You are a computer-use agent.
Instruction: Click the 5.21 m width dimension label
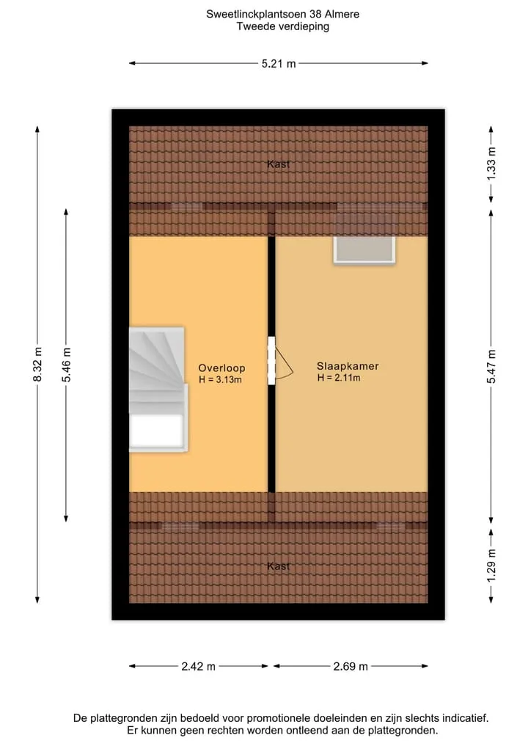pos(279,63)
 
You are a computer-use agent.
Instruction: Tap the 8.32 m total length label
pos(37,364)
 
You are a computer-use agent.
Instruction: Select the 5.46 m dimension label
pos(66,365)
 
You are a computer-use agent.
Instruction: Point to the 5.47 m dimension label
pos(491,366)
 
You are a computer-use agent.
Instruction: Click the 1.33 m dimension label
pos(491,163)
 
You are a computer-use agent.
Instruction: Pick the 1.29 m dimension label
pos(491,565)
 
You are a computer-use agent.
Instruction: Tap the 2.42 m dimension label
pos(198,666)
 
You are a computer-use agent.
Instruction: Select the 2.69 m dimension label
pos(351,666)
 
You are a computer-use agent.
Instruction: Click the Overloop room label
pos(221,367)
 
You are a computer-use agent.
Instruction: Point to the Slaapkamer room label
pos(348,366)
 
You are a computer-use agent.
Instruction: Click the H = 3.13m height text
pos(220,379)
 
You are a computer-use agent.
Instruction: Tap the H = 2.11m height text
pos(339,378)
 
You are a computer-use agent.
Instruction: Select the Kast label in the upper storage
pos(278,164)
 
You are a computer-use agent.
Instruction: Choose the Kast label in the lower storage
pos(278,566)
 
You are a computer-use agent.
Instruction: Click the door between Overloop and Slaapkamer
pos(271,361)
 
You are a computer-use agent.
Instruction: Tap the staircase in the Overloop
pos(158,389)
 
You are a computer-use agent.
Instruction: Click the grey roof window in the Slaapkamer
pos(364,249)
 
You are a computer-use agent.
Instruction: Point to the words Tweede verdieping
pos(283,26)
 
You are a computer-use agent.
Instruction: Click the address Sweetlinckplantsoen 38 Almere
pos(282,14)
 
